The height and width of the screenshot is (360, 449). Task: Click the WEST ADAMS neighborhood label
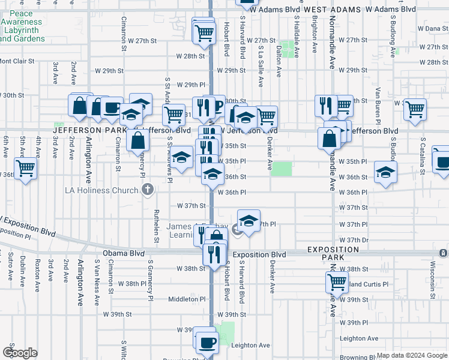click(x=332, y=10)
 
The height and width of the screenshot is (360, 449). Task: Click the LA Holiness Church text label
click(x=101, y=191)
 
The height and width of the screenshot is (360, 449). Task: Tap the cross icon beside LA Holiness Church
click(x=148, y=191)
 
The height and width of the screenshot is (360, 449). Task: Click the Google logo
click(x=20, y=353)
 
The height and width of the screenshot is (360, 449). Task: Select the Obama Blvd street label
click(x=121, y=254)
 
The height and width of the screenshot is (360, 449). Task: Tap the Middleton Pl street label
click(x=187, y=299)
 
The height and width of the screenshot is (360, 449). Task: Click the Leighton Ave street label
click(x=250, y=345)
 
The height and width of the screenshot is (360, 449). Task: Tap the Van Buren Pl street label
click(x=378, y=100)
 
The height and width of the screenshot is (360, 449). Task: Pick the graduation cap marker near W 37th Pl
click(x=249, y=219)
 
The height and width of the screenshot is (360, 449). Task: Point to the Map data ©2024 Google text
click(x=411, y=355)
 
